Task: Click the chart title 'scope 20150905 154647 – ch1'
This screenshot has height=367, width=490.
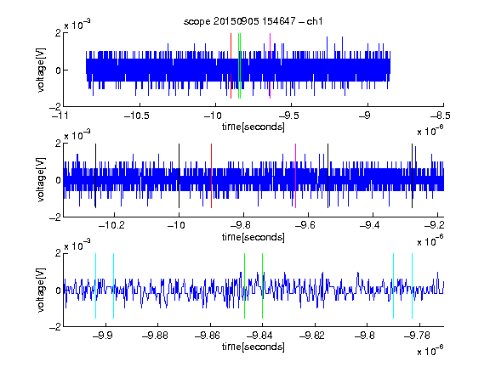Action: point(254,21)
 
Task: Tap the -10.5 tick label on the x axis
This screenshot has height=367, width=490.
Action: point(137,116)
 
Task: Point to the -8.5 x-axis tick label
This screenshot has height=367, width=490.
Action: point(440,116)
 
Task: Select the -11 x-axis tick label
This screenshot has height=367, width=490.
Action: point(60,116)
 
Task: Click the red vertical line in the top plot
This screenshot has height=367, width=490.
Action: point(231,66)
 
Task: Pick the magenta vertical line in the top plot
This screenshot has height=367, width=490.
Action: point(270,66)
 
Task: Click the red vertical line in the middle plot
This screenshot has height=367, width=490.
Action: point(212,176)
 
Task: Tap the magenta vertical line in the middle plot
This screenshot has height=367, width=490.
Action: point(296,176)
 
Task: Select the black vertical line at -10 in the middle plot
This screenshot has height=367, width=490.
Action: point(179,176)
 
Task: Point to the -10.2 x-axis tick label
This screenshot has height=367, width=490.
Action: point(111,225)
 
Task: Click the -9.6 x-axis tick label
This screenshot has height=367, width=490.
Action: point(305,225)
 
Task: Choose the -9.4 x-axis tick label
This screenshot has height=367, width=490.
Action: point(370,225)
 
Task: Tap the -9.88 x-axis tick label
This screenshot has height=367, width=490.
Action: point(155,336)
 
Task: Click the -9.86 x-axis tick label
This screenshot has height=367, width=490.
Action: point(208,336)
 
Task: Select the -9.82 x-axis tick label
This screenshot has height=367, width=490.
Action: point(312,336)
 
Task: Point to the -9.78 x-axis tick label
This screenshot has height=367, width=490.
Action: point(417,336)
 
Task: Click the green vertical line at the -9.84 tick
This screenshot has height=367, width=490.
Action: point(263,285)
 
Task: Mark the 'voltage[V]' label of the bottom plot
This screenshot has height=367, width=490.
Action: point(41,290)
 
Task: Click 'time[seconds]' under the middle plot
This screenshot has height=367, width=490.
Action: point(254,237)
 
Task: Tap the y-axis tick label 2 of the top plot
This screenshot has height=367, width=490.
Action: point(58,33)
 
